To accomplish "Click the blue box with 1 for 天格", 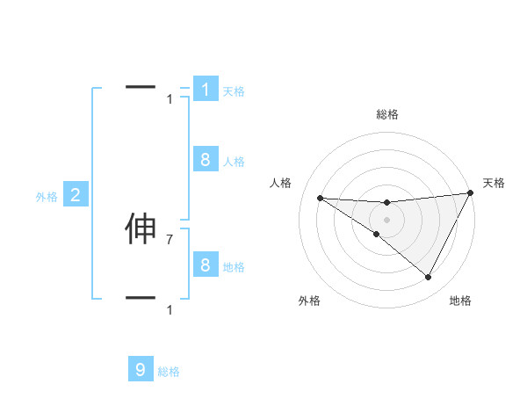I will [206, 90].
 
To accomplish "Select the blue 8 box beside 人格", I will [206, 159].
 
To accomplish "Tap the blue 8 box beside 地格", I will [206, 264].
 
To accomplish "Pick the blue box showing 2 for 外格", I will [76, 195].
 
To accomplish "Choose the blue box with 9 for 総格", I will [141, 370].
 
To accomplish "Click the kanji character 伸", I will [141, 229].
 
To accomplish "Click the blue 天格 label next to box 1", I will [233, 91].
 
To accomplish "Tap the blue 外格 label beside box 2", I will [47, 197].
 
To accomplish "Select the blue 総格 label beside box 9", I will [169, 372].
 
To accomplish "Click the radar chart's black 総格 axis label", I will [386, 114].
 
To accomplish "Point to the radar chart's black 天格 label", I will [494, 183].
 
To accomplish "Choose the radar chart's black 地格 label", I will [460, 301].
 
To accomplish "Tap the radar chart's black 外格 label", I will [309, 301].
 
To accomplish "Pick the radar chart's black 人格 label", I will [281, 183].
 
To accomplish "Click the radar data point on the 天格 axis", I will [470, 192].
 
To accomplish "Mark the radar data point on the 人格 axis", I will [320, 198].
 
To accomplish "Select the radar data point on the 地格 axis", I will [428, 278].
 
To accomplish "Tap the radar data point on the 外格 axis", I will [376, 234].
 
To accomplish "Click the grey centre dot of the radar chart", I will [386, 219].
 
